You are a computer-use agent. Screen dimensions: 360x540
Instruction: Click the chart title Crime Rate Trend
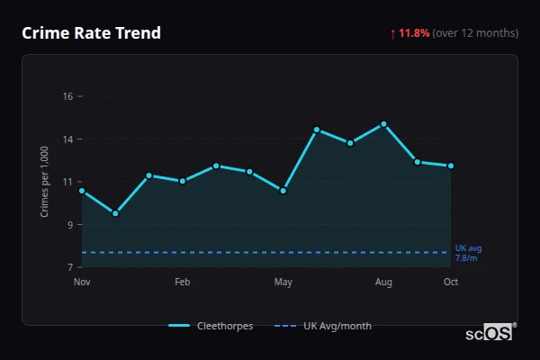pyautogui.click(x=91, y=33)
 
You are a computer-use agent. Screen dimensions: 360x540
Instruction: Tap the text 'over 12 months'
pyautogui.click(x=475, y=33)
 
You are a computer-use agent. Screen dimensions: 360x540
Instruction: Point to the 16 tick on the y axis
pyautogui.click(x=67, y=96)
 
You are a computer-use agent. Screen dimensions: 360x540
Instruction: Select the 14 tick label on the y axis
pyautogui.click(x=67, y=139)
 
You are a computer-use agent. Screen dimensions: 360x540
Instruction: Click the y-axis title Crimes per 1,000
pyautogui.click(x=44, y=181)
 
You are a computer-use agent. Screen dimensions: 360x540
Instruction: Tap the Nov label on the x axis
pyautogui.click(x=82, y=283)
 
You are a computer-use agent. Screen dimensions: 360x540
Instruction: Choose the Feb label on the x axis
pyautogui.click(x=182, y=283)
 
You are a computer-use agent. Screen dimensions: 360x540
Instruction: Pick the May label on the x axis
pyautogui.click(x=283, y=283)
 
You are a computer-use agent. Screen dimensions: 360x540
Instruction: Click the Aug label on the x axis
pyautogui.click(x=383, y=283)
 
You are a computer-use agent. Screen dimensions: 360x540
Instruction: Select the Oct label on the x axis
pyautogui.click(x=451, y=283)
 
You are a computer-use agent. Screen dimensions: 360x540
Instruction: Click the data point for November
pyautogui.click(x=82, y=191)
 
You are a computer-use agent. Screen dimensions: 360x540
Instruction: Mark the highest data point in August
pyautogui.click(x=383, y=124)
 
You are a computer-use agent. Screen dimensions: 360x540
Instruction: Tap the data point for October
pyautogui.click(x=451, y=166)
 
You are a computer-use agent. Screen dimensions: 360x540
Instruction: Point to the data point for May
pyautogui.click(x=283, y=191)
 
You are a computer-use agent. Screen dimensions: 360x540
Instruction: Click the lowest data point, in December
pyautogui.click(x=115, y=213)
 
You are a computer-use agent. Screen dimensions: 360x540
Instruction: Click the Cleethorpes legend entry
pyautogui.click(x=211, y=326)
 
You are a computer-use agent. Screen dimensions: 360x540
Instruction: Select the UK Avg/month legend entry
pyautogui.click(x=323, y=326)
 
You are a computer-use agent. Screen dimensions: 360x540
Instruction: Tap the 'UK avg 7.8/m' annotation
pyautogui.click(x=468, y=253)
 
